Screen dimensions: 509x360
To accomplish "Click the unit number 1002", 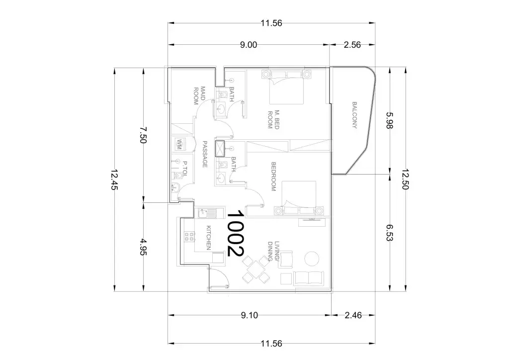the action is point(235,233).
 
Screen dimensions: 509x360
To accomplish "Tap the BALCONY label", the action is point(354,115).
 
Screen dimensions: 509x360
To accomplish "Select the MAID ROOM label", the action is point(199,95).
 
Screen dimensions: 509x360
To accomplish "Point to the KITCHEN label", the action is point(209,238).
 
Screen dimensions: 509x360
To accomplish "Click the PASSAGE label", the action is point(205,154).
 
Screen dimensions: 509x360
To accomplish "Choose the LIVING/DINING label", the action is point(273,251).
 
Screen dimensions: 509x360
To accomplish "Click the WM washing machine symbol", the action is point(179,144).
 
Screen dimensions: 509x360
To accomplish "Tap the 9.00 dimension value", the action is point(249,45).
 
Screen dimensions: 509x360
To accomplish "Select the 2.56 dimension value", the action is point(352,45).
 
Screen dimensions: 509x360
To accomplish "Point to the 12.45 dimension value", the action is point(114,180).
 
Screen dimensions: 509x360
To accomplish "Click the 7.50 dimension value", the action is point(143,134).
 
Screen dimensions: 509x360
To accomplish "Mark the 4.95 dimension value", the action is point(143,247).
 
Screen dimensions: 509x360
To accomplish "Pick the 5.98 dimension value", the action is point(390,120).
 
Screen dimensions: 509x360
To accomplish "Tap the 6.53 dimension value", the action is point(390,232).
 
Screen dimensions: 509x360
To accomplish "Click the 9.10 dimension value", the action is point(250,315).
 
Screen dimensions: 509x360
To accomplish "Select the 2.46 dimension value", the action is point(353,315).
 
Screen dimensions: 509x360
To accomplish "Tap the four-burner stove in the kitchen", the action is point(189,236).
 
